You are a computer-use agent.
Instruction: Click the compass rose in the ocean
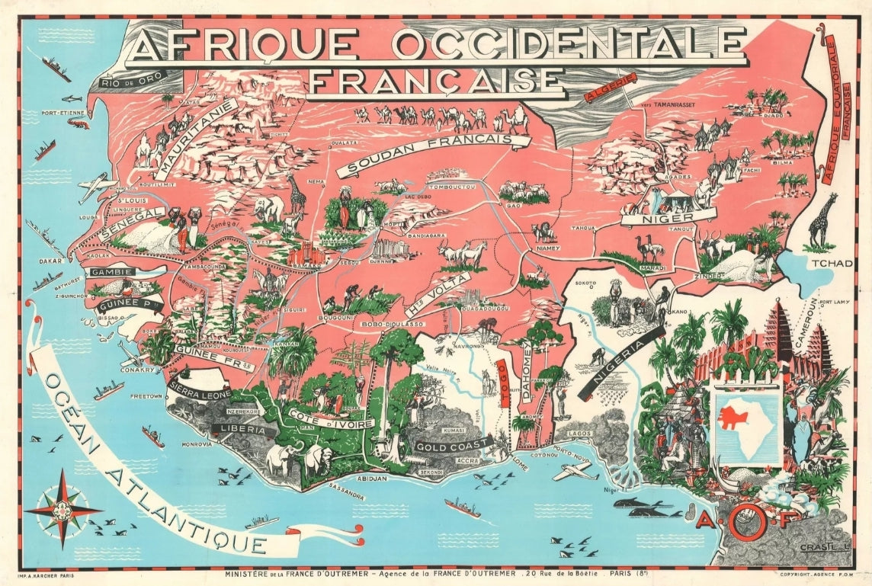[x=63, y=509]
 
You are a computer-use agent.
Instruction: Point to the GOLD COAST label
[x=451, y=446]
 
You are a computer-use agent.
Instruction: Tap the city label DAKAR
[x=45, y=260]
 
